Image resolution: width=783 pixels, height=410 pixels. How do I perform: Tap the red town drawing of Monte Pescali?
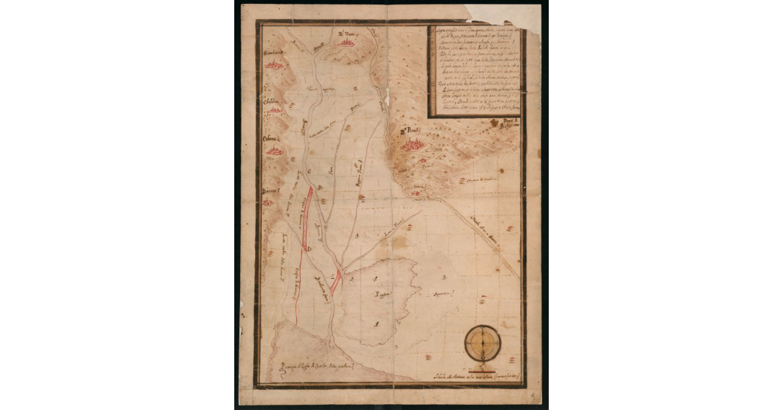click(x=413, y=144)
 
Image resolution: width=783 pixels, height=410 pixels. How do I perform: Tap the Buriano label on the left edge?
click(x=271, y=190)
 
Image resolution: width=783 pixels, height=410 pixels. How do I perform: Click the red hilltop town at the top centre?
click(x=346, y=43)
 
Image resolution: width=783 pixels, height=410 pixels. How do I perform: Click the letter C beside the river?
click(x=309, y=170)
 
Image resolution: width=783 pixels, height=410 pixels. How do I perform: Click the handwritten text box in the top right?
click(x=474, y=71)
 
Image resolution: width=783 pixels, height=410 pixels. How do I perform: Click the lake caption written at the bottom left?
click(x=316, y=369)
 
